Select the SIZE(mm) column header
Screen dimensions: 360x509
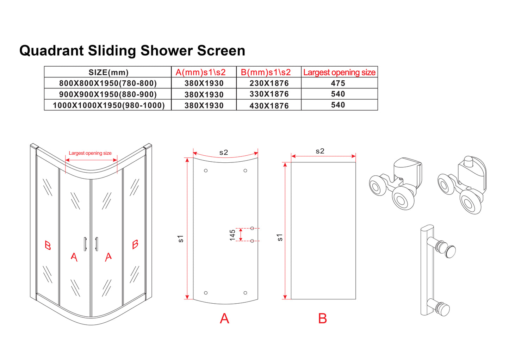point(108,73)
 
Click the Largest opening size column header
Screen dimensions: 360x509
point(339,72)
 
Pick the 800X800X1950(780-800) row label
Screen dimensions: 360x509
point(108,83)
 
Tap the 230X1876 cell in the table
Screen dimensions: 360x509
point(269,83)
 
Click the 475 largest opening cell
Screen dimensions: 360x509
point(338,83)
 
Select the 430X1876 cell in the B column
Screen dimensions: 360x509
point(269,106)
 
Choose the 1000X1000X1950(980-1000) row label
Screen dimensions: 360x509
point(108,105)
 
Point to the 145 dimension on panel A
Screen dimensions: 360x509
point(232,235)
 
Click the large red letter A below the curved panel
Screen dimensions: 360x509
point(224,318)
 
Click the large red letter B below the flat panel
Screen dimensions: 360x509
point(322,318)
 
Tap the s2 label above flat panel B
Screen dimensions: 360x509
point(320,151)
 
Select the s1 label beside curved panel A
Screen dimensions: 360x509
point(181,238)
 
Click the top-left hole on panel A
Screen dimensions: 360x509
point(206,170)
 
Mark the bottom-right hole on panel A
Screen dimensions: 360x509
point(245,293)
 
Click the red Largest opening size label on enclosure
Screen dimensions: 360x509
point(90,153)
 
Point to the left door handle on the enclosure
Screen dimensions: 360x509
point(85,244)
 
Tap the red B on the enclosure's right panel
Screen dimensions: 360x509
point(135,244)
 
